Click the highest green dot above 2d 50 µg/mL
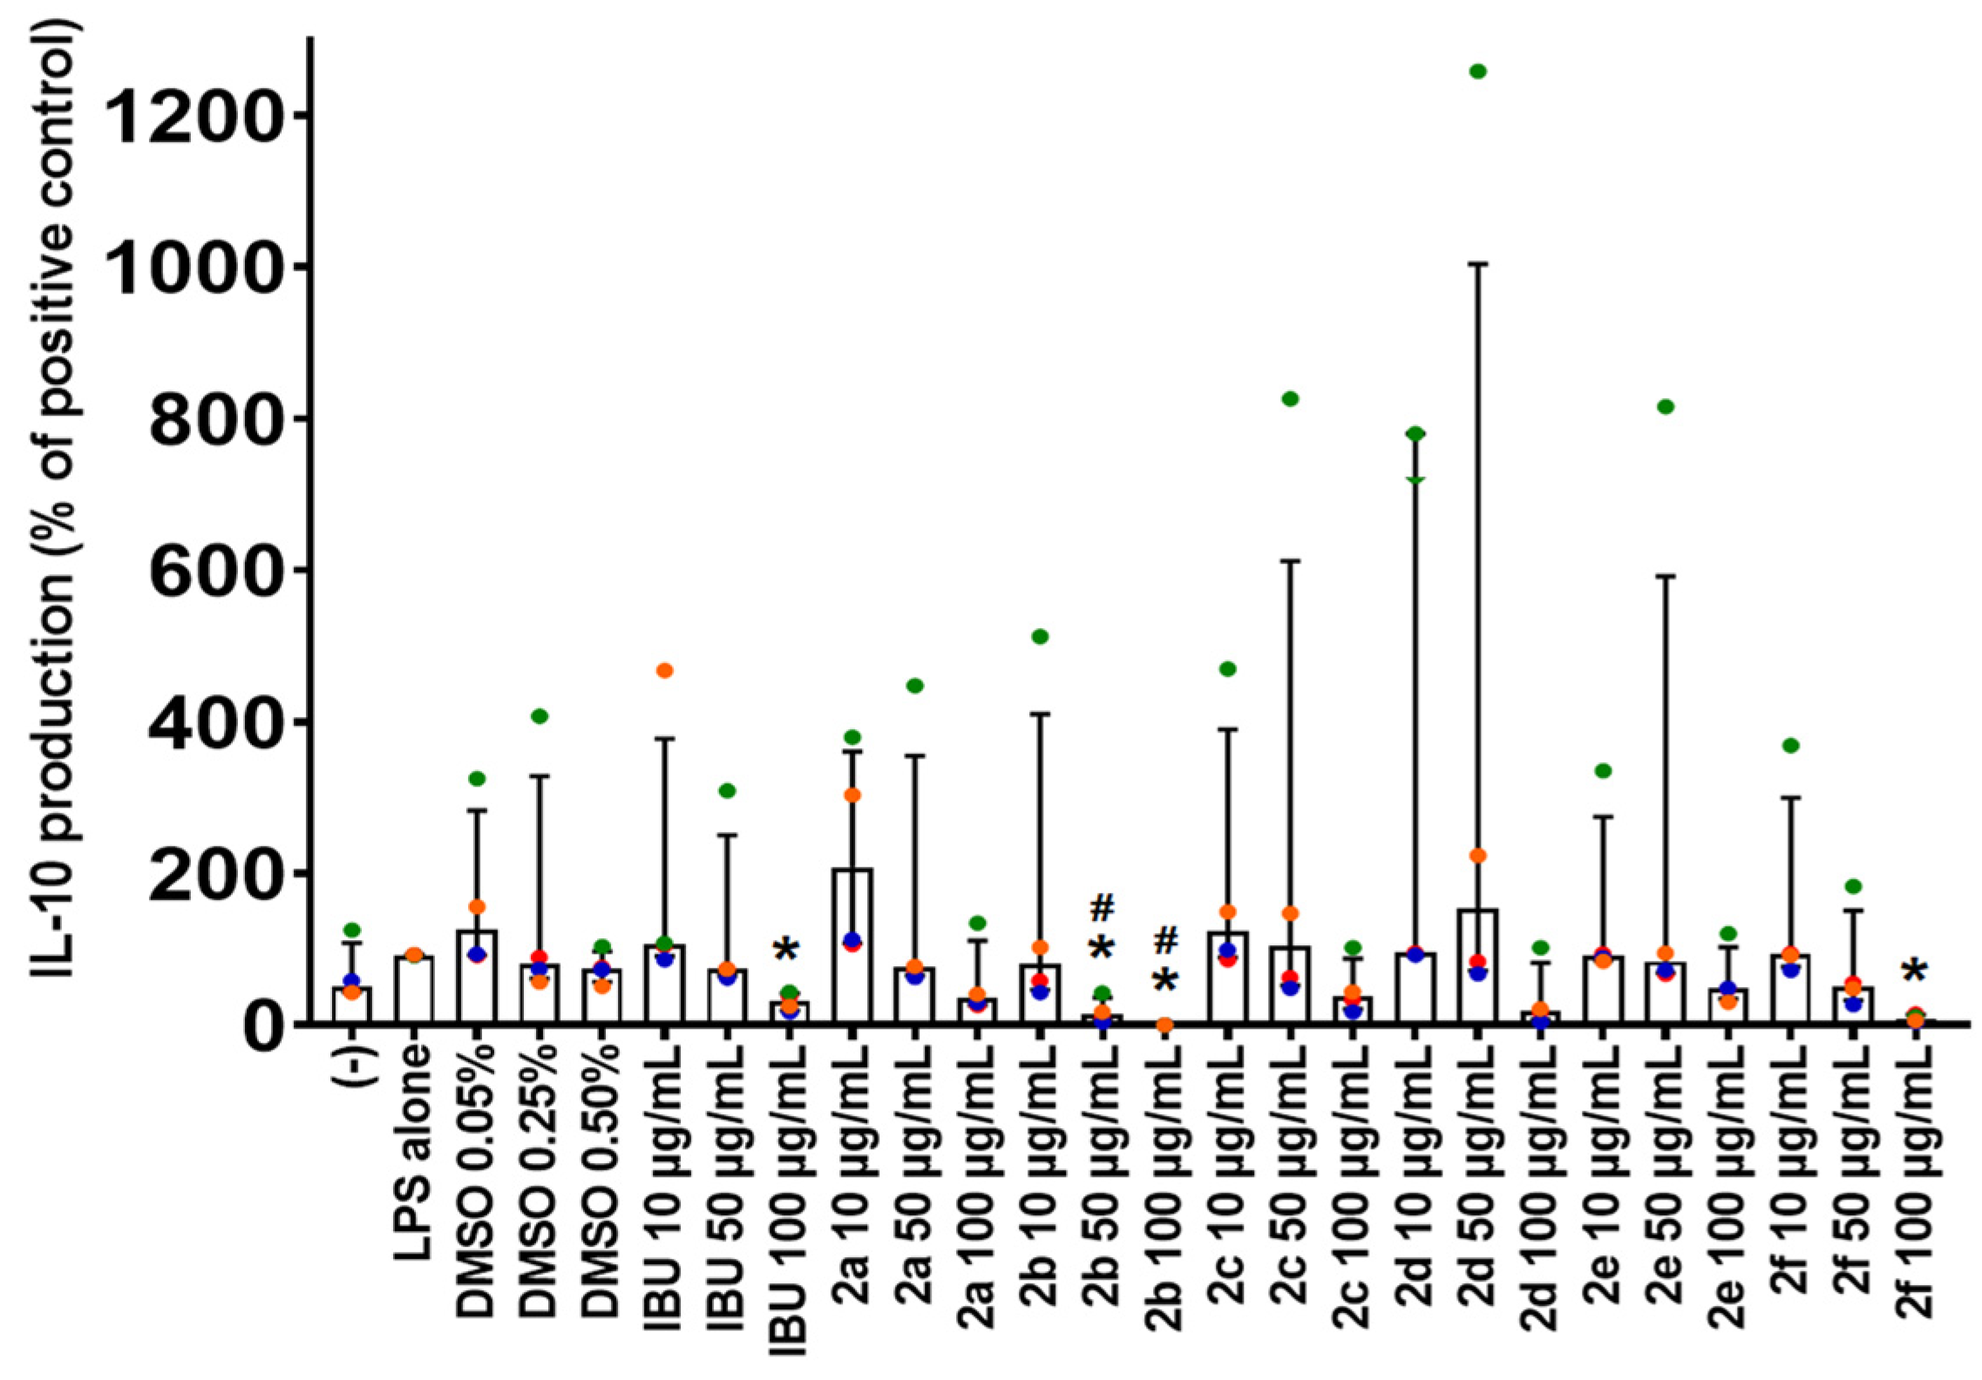click(1477, 71)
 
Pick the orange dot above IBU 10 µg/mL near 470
click(664, 671)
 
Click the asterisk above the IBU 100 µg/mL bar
click(786, 950)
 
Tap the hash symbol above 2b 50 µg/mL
click(1102, 909)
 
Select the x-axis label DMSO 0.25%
click(540, 1180)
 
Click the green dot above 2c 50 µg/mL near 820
click(1290, 399)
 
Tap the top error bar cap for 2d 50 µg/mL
click(1477, 263)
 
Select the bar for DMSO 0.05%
click(477, 976)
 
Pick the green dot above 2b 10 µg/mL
click(1040, 637)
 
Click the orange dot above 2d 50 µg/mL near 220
click(1477, 856)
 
